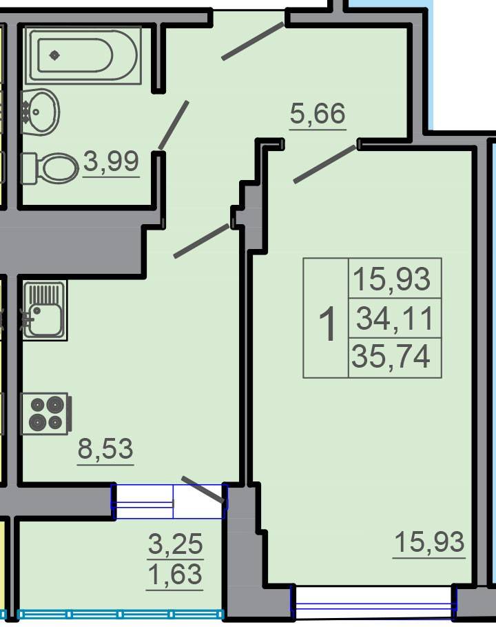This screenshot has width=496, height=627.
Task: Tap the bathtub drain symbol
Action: click(x=54, y=55)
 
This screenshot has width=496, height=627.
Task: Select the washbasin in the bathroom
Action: click(x=41, y=112)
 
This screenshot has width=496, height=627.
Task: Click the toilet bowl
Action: click(x=50, y=168)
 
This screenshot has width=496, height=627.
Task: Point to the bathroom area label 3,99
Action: click(x=111, y=161)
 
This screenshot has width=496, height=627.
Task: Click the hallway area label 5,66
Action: click(x=318, y=113)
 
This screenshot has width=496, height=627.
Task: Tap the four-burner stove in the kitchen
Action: click(x=46, y=413)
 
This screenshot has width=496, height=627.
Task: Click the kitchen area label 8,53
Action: click(x=105, y=448)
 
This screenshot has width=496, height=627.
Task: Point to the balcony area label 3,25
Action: click(x=175, y=544)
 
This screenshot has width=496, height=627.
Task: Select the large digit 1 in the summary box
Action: click(x=327, y=324)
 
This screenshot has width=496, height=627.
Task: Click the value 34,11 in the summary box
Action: click(x=395, y=318)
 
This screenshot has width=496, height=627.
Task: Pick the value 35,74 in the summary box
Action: click(x=391, y=357)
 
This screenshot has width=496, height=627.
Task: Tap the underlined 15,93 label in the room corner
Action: click(x=429, y=542)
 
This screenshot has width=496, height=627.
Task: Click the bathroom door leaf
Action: click(x=174, y=125)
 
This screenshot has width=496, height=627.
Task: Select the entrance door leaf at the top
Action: click(x=253, y=41)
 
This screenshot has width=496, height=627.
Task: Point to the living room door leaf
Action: click(x=324, y=164)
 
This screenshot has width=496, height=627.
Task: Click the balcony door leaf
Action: click(x=203, y=490)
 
